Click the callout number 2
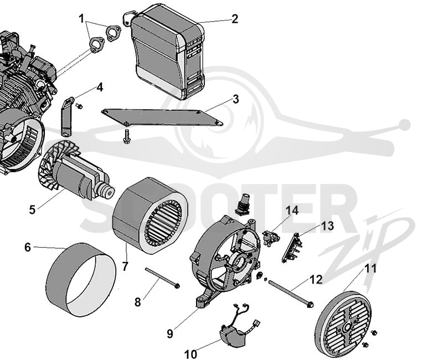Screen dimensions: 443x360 234,19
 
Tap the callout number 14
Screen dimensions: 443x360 292,210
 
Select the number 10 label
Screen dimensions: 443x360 190,354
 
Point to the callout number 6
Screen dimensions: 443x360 27,247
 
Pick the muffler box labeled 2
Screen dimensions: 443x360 167,52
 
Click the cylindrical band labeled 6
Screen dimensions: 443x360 81,280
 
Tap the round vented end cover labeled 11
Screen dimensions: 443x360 343,323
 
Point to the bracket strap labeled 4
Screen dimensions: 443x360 67,116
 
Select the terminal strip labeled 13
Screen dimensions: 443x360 292,247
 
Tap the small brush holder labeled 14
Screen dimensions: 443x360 271,238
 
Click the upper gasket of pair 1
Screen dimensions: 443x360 114,32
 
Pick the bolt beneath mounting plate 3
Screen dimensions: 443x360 126,136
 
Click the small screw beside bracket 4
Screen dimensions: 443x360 79,106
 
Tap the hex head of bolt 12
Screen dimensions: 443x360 310,305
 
